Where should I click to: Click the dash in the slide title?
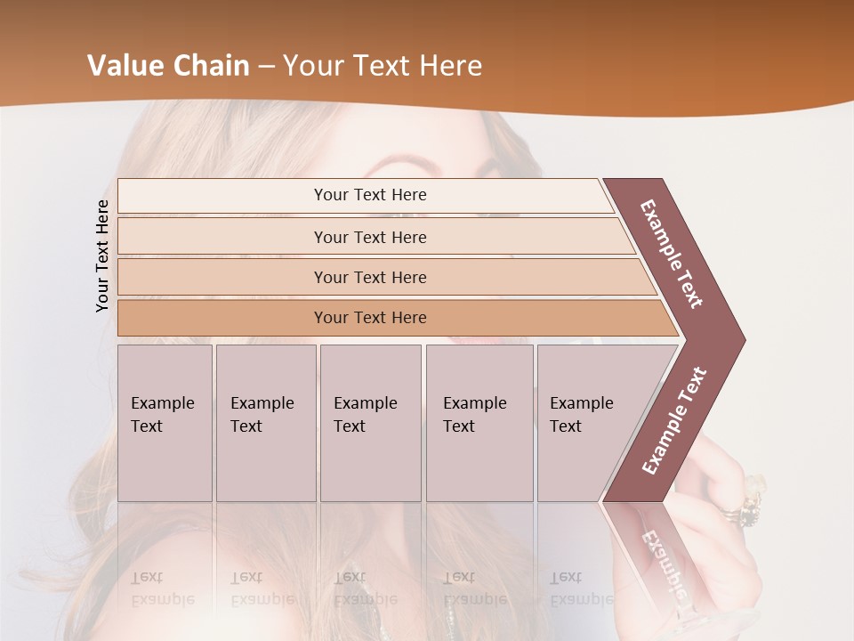pos(266,67)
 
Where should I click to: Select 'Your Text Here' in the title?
pos(383,66)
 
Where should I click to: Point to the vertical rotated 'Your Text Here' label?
pos(102,256)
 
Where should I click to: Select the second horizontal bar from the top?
pos(370,237)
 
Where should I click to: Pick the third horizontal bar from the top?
pos(370,277)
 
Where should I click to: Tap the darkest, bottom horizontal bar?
pos(370,318)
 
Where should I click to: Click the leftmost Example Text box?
pos(165,423)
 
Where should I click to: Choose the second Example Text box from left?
pos(265,423)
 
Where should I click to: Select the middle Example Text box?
pos(370,423)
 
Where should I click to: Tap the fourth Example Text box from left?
pos(479,423)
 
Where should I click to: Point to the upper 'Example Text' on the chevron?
pos(672,254)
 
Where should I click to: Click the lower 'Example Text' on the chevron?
pos(674,420)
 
